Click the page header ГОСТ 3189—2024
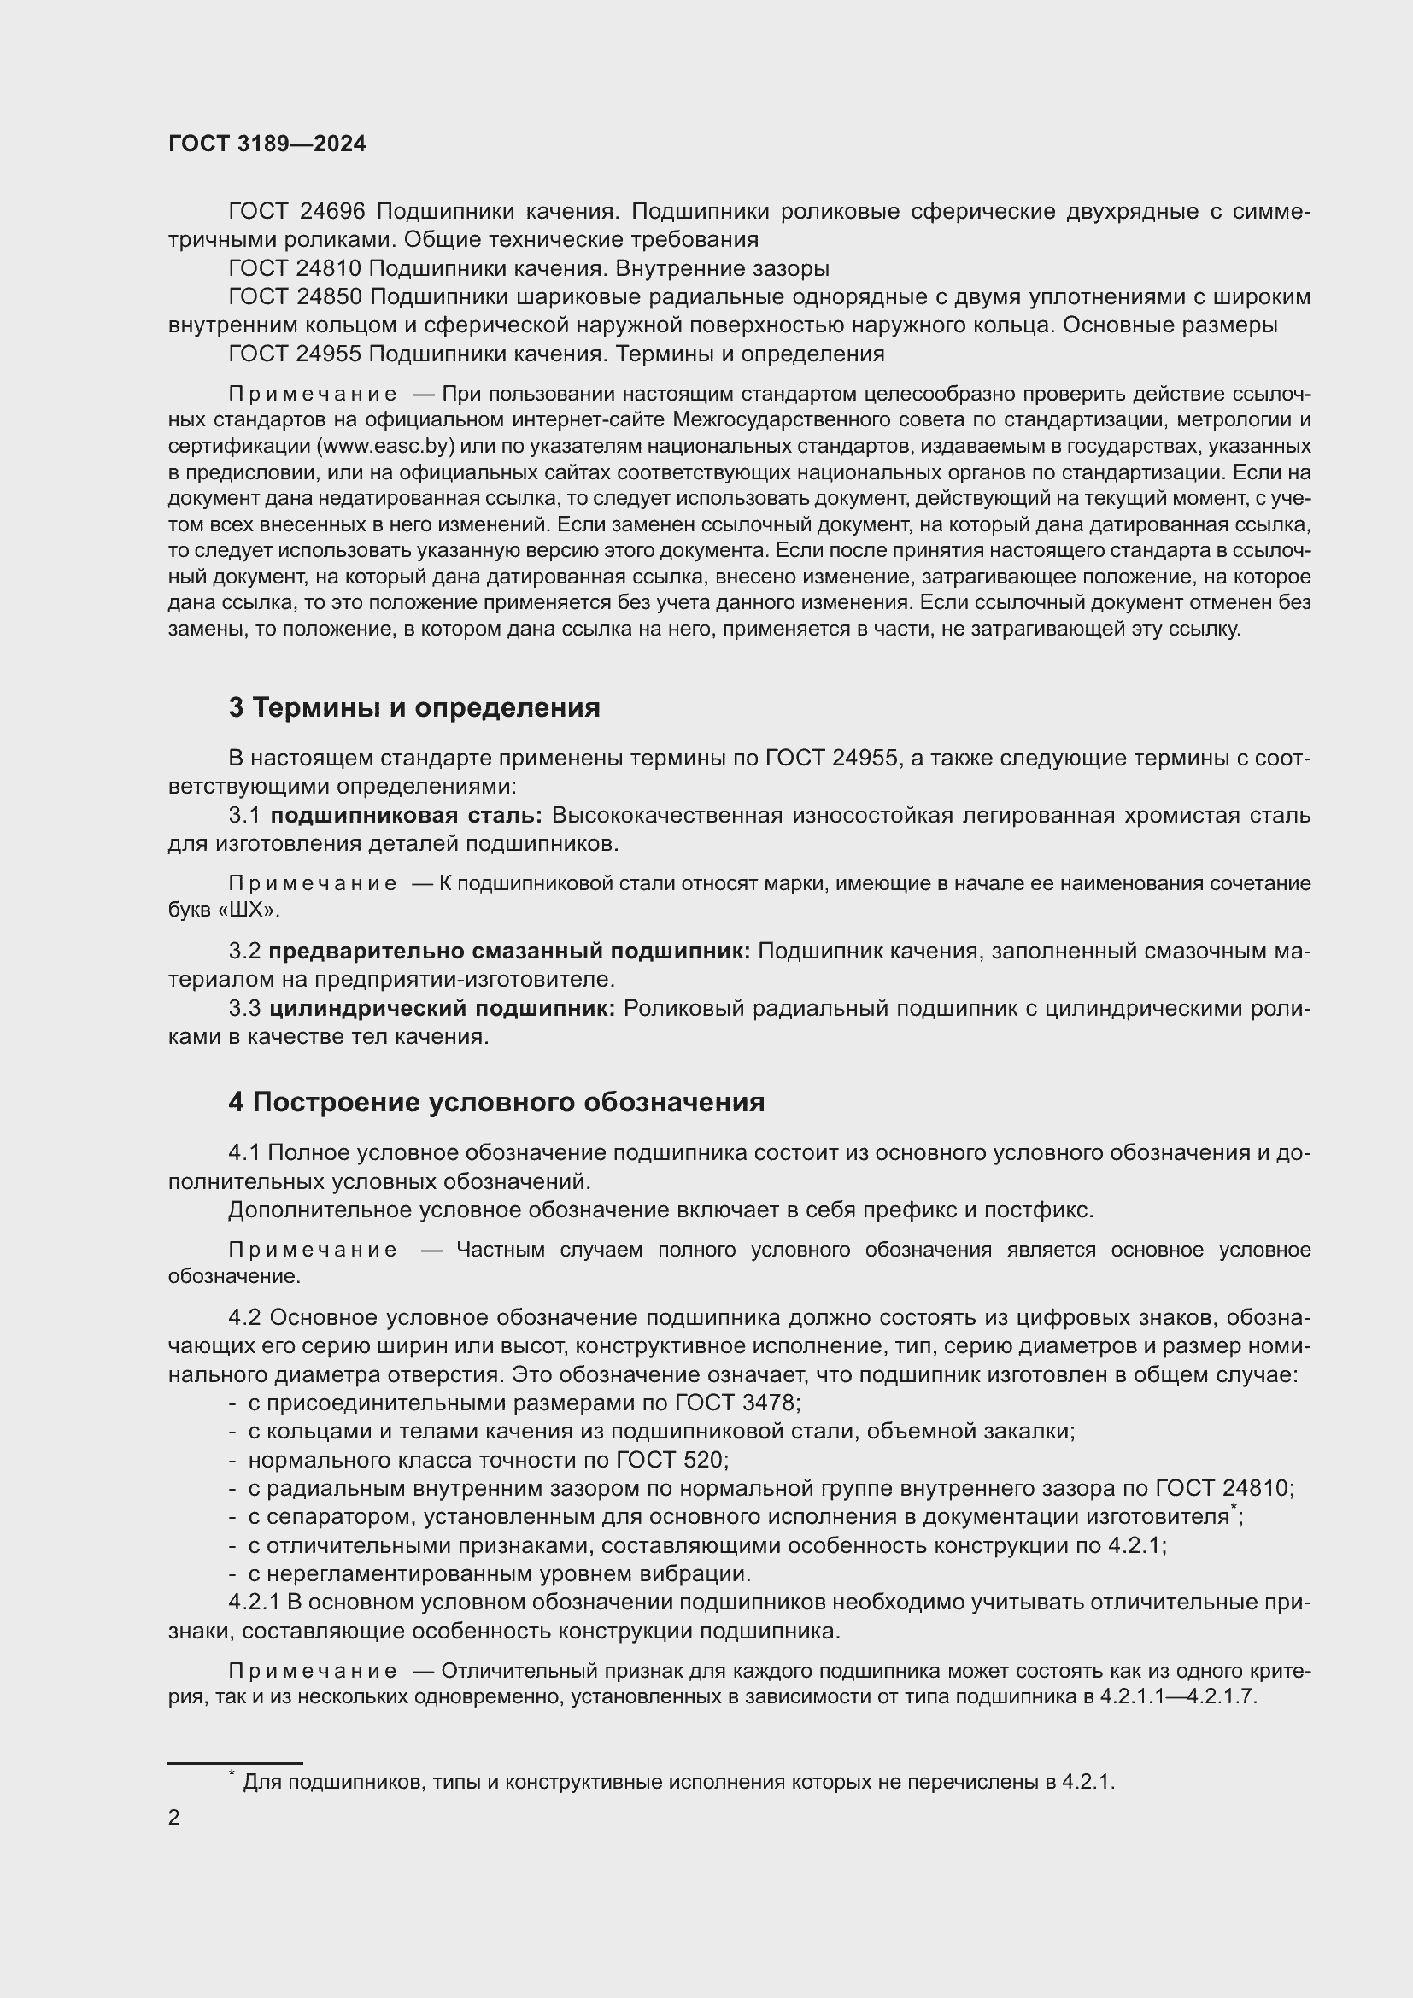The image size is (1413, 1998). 267,144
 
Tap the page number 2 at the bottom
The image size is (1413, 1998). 174,1817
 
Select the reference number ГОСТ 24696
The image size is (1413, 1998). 296,212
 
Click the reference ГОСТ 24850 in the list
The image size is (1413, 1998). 296,297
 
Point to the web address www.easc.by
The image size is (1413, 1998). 386,447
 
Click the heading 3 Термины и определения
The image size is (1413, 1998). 414,707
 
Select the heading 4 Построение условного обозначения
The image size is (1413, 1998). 496,1103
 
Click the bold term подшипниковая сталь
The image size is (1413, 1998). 406,816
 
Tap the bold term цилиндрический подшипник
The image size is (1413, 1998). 442,1009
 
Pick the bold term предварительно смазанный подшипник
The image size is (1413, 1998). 509,951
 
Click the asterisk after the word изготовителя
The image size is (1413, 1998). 1233,1509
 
